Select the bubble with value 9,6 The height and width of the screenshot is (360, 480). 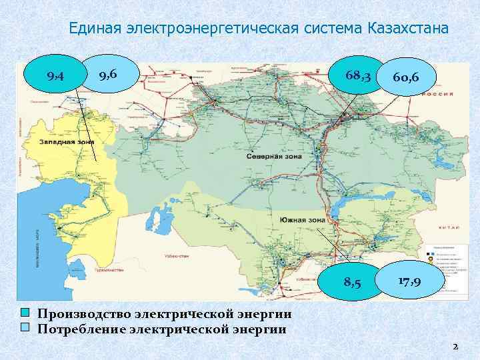pyautogui.click(x=108, y=74)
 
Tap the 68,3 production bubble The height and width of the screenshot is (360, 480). pyautogui.click(x=359, y=77)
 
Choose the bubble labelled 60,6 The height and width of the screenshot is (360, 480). pyautogui.click(x=405, y=79)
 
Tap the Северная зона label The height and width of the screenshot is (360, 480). pyautogui.click(x=276, y=157)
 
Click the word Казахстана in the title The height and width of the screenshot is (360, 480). pyautogui.click(x=407, y=29)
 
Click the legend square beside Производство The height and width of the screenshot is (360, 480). pyautogui.click(x=25, y=313)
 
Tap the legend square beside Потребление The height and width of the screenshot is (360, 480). pyautogui.click(x=25, y=327)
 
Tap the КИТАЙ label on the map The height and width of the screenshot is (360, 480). pyautogui.click(x=445, y=228)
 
